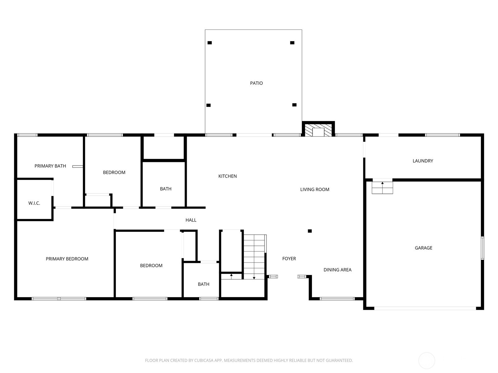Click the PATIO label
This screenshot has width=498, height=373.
point(256,83)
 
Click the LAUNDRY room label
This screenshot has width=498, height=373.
point(423,161)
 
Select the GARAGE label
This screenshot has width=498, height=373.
point(423,248)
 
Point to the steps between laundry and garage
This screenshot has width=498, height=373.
point(382,188)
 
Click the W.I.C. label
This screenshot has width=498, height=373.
point(34,203)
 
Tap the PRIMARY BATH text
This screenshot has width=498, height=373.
point(50,166)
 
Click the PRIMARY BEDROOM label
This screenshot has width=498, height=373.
point(67,259)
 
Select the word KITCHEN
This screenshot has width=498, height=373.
point(228,176)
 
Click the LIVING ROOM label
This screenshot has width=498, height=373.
point(315,189)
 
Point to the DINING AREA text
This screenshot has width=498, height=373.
point(337,270)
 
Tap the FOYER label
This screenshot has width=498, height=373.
point(289,259)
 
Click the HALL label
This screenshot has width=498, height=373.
point(191,220)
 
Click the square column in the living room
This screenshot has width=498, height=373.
point(310,231)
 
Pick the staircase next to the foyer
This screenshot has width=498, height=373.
point(254,257)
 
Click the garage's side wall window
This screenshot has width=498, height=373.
point(482,248)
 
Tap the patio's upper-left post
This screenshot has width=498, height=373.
point(210,43)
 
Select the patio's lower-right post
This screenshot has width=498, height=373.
point(294,105)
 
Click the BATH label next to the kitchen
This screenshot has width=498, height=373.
point(166,189)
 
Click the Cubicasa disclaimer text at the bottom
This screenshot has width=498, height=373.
point(249,360)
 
